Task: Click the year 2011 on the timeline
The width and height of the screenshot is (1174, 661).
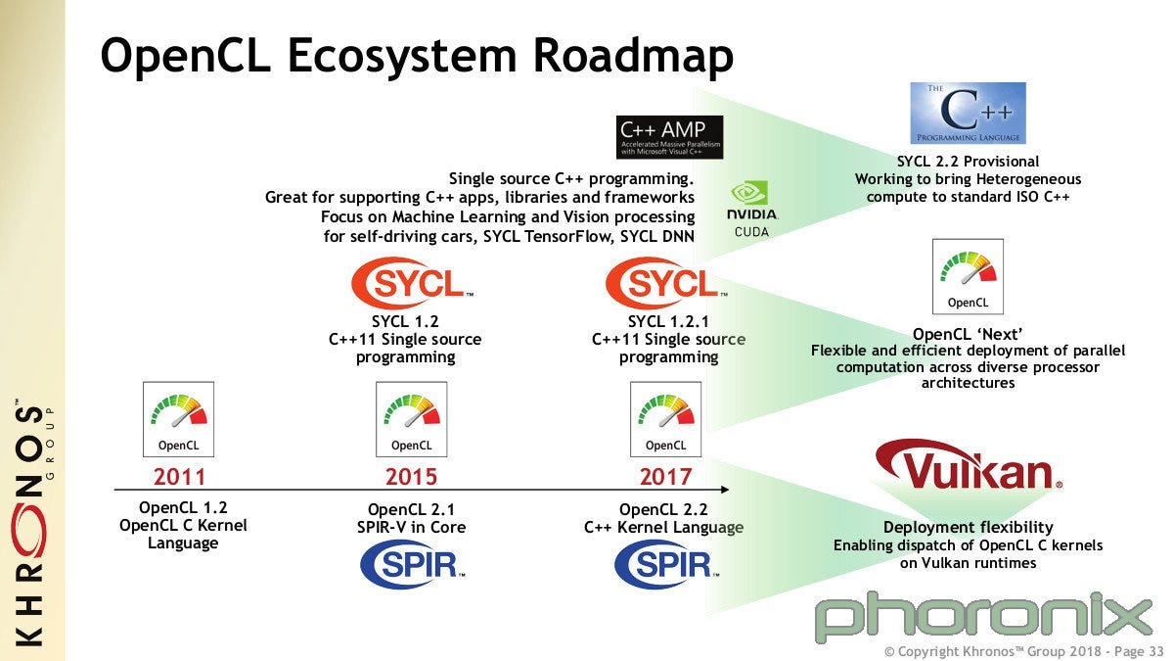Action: pyautogui.click(x=179, y=477)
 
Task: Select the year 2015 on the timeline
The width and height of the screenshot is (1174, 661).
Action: pyautogui.click(x=411, y=477)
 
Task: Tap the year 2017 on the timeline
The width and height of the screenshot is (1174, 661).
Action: pyautogui.click(x=665, y=477)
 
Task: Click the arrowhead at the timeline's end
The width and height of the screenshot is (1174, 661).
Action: pyautogui.click(x=725, y=489)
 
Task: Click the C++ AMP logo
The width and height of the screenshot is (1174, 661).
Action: pyautogui.click(x=669, y=137)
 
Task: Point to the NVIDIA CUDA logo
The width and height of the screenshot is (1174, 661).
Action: pyautogui.click(x=751, y=209)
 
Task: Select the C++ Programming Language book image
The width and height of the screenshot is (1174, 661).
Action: pyautogui.click(x=968, y=114)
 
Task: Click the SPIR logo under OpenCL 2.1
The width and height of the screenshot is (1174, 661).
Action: pyautogui.click(x=411, y=565)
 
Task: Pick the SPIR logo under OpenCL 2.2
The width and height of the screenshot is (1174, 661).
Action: pyautogui.click(x=665, y=565)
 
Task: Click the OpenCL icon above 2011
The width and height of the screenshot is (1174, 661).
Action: pyautogui.click(x=179, y=418)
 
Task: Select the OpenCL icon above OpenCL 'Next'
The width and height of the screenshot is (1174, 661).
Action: pyautogui.click(x=968, y=276)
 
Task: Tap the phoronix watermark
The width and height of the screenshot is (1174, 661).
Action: pyautogui.click(x=983, y=615)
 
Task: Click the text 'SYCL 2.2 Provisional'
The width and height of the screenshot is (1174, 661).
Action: pyautogui.click(x=968, y=162)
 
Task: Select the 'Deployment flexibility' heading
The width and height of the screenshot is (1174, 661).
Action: pyautogui.click(x=968, y=527)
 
